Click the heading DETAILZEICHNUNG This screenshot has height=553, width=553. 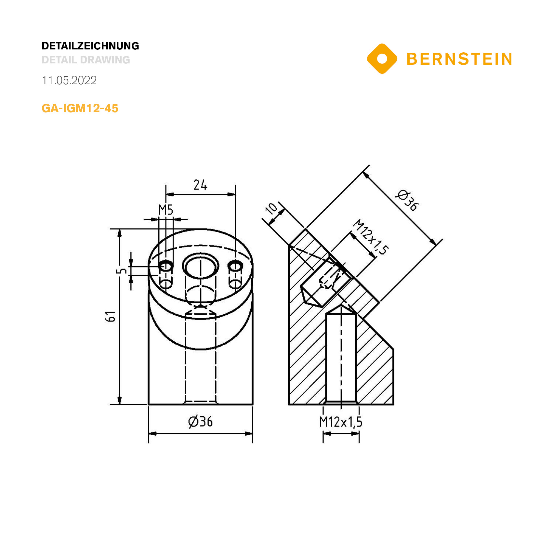tap(90, 46)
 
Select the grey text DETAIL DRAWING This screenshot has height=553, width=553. tap(86, 60)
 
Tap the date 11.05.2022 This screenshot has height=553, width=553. tap(69, 80)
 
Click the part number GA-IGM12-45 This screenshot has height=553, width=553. tap(80, 108)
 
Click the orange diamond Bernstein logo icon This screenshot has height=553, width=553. tap(382, 59)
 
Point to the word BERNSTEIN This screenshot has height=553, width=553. tap(459, 59)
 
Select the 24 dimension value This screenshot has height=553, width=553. tap(200, 185)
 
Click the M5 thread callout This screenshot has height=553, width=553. tap(166, 210)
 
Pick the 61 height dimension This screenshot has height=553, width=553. tap(110, 316)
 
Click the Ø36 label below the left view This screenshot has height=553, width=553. tap(200, 422)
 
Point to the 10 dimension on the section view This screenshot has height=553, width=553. tap(271, 208)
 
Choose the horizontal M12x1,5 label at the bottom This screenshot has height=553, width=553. tap(341, 422)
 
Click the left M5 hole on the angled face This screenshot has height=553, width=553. tap(166, 266)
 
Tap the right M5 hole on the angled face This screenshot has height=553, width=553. tap(235, 266)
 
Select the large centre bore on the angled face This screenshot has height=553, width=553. tap(200, 266)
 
